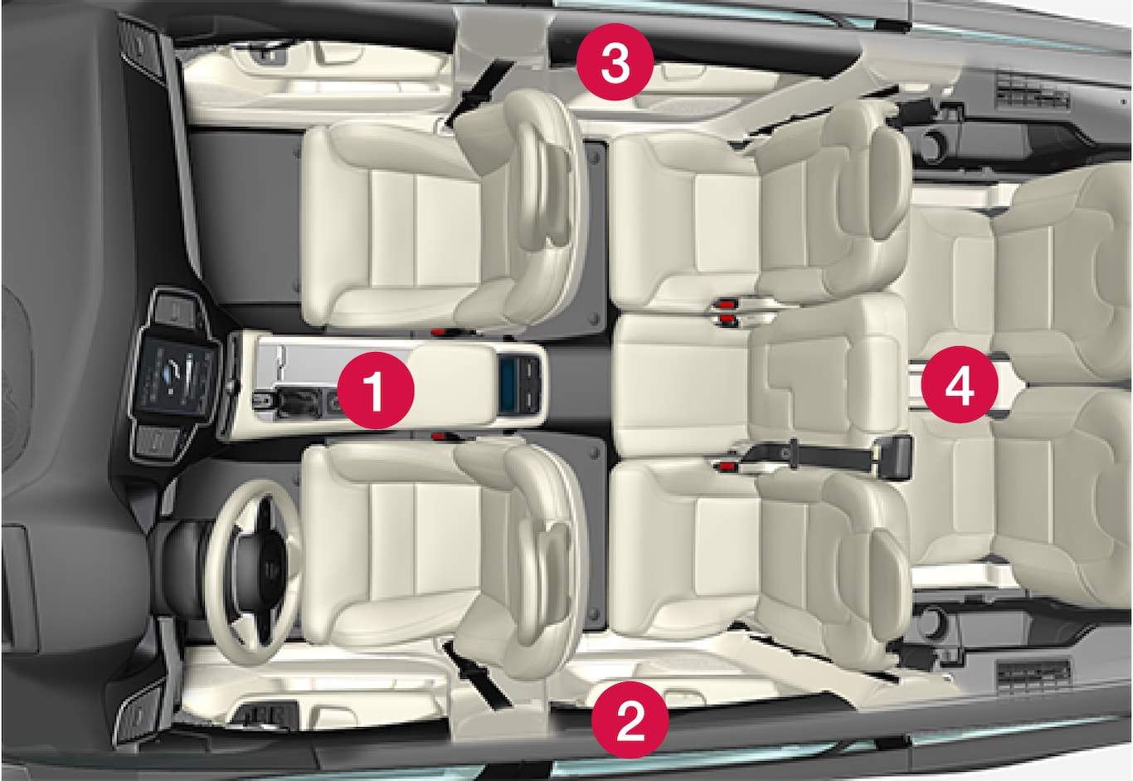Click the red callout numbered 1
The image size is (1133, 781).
[x=375, y=390]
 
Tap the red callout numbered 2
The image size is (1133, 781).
[x=630, y=720]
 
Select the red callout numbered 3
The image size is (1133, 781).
[x=615, y=61]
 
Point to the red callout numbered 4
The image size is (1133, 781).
[x=960, y=384]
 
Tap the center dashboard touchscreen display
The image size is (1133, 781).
[x=173, y=378]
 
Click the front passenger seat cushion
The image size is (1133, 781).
[x=395, y=227]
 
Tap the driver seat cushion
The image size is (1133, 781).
[x=395, y=547]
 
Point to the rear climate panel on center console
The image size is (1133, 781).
[x=521, y=383]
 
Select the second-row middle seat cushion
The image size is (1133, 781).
[x=682, y=384]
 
